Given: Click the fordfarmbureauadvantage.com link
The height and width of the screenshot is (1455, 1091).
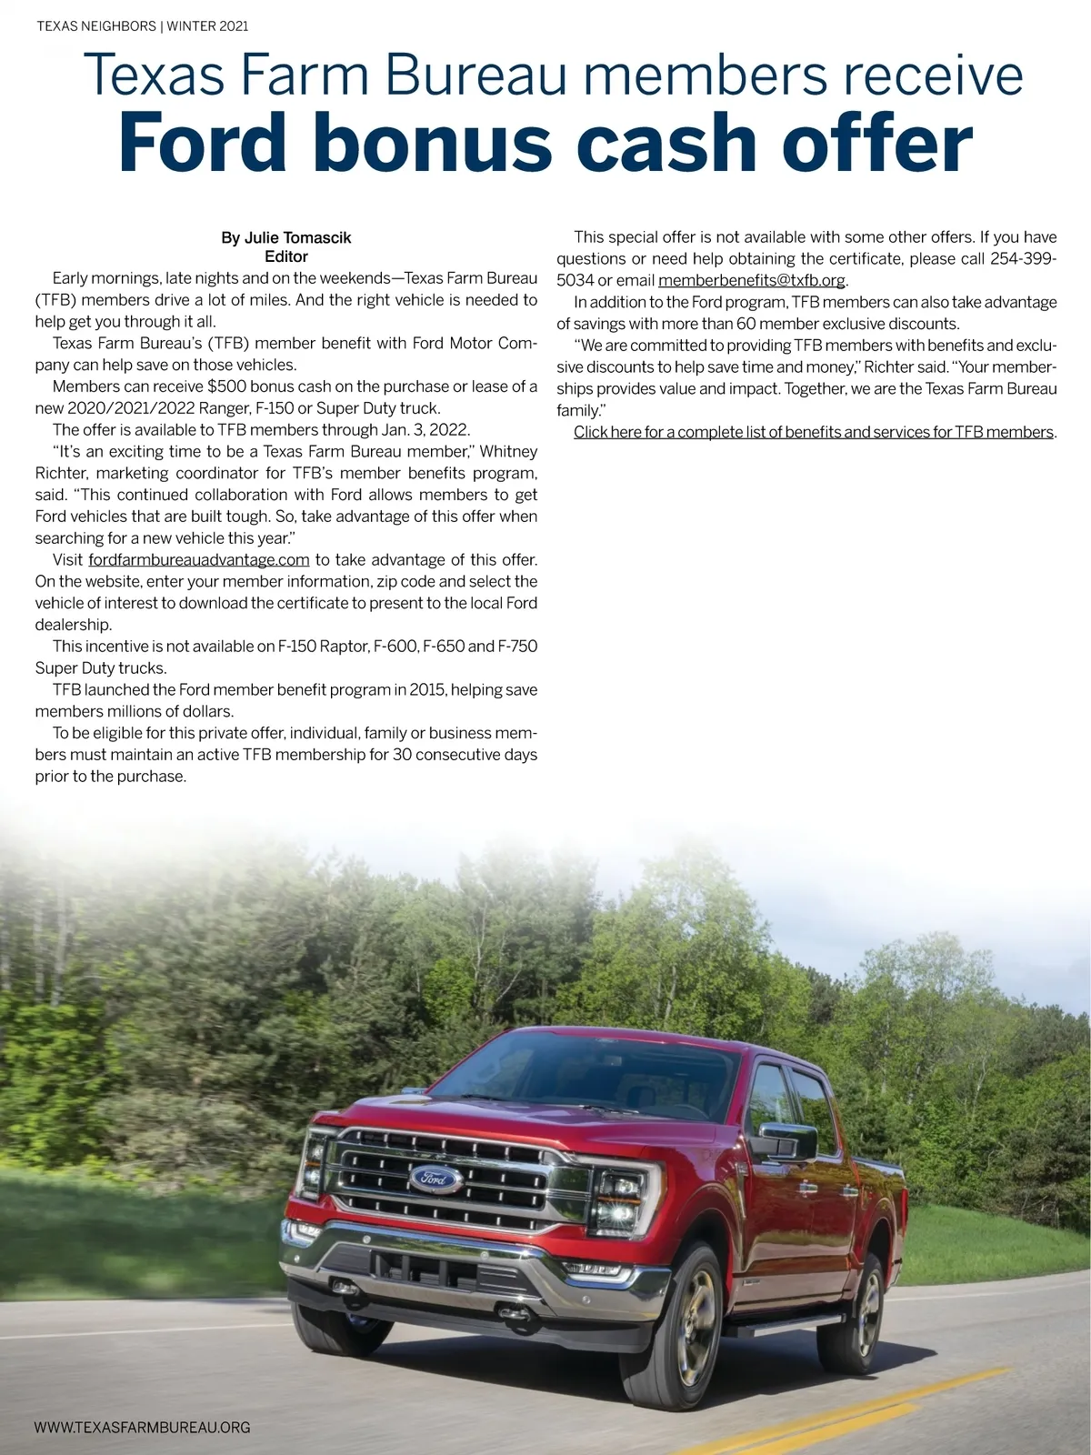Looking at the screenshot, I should [199, 559].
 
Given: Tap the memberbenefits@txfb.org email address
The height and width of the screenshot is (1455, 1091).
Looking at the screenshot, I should [752, 280].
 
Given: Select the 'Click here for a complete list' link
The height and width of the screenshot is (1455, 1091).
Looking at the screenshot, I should [814, 432].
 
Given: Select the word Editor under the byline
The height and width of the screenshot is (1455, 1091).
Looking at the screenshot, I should [286, 256].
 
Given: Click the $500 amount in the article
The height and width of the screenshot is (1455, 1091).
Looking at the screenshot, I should [226, 386].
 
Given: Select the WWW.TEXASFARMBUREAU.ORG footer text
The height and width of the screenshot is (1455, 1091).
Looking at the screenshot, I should [142, 1428].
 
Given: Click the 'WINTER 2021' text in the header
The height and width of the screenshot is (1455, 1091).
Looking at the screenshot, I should [207, 26].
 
